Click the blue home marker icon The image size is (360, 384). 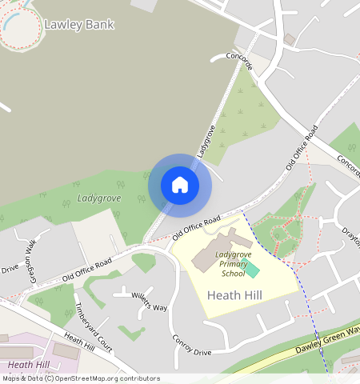pyautogui.click(x=180, y=185)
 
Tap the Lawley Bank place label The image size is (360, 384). pyautogui.click(x=79, y=24)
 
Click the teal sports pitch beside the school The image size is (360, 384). pyautogui.click(x=251, y=269)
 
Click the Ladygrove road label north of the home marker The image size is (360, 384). pyautogui.click(x=206, y=140)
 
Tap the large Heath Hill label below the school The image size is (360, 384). pyautogui.click(x=234, y=295)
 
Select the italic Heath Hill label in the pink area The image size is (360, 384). pyautogui.click(x=28, y=365)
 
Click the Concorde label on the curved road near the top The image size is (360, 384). pyautogui.click(x=239, y=61)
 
